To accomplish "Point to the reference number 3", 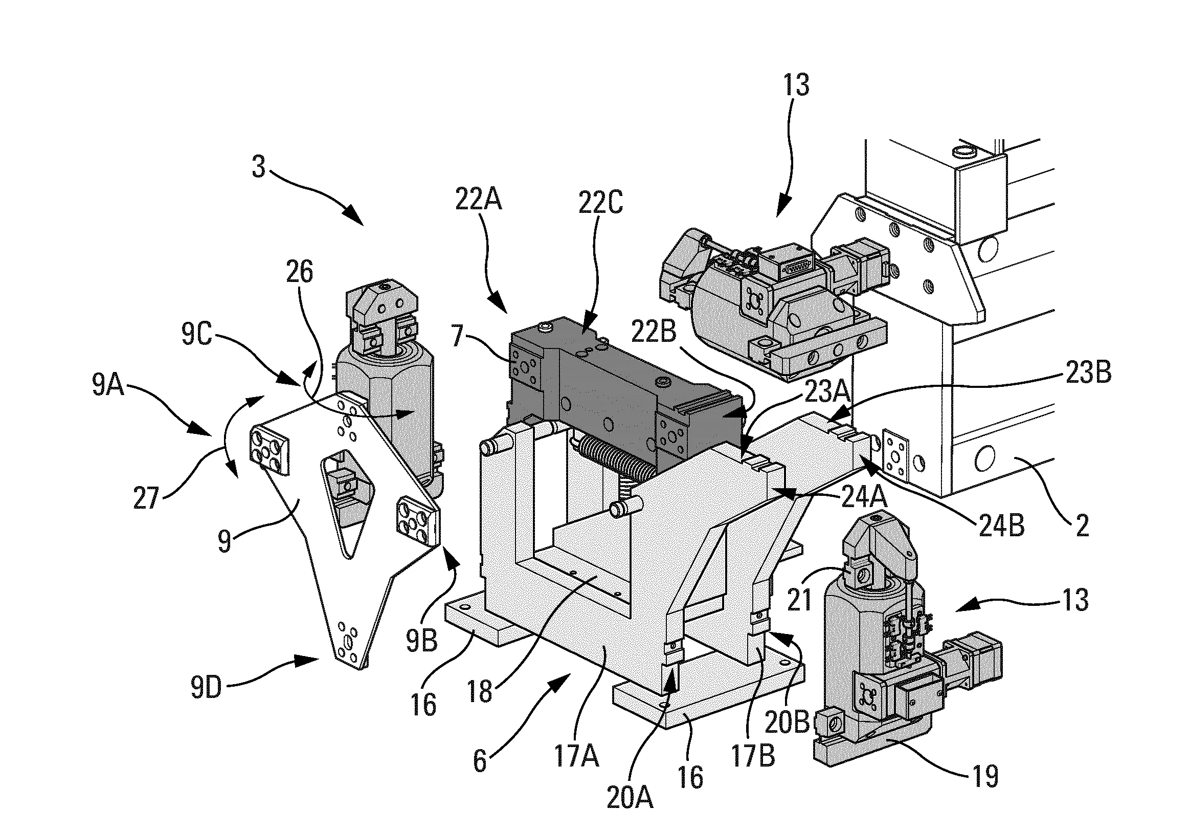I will [258, 167].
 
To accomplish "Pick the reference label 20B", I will [787, 723].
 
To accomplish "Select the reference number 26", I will [299, 272].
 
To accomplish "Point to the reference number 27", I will [146, 498].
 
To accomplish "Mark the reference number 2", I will [1082, 526].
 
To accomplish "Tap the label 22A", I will [478, 200].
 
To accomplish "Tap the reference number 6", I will [480, 760].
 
